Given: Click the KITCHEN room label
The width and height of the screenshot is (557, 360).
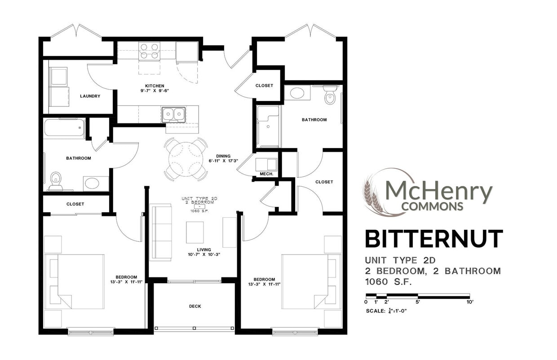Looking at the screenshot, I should pyautogui.click(x=154, y=86).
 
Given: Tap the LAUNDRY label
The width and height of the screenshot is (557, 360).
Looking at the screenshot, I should pyautogui.click(x=90, y=96).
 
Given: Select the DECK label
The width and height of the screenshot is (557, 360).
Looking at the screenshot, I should pyautogui.click(x=195, y=306).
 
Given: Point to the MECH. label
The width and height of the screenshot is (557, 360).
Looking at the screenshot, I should pyautogui.click(x=266, y=174).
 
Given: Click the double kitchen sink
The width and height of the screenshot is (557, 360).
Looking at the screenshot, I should pyautogui.click(x=173, y=114).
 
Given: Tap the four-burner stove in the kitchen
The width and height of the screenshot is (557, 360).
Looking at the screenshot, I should pyautogui.click(x=150, y=51).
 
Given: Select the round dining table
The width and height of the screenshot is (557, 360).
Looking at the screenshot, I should pyautogui.click(x=186, y=159).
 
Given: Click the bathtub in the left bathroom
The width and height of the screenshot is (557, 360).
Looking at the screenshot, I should pyautogui.click(x=64, y=128).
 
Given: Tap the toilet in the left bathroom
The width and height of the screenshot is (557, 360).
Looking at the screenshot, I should pyautogui.click(x=56, y=180).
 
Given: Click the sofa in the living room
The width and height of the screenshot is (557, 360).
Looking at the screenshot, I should pyautogui.click(x=160, y=232).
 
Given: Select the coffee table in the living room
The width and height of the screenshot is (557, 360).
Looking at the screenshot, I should pyautogui.click(x=195, y=232).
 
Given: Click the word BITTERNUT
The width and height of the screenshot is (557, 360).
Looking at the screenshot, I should pyautogui.click(x=433, y=239).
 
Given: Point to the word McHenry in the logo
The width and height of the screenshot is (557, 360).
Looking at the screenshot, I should pyautogui.click(x=438, y=191).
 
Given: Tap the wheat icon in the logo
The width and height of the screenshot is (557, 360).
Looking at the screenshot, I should pyautogui.click(x=372, y=198).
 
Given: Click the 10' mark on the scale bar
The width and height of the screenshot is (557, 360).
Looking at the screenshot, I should pyautogui.click(x=470, y=302).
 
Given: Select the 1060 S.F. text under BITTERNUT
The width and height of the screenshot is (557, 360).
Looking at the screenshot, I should pyautogui.click(x=389, y=282).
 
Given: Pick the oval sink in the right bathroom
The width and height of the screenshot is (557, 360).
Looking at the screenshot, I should pyautogui.click(x=297, y=93).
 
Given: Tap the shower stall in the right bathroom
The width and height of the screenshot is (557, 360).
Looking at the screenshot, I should pyautogui.click(x=268, y=126).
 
